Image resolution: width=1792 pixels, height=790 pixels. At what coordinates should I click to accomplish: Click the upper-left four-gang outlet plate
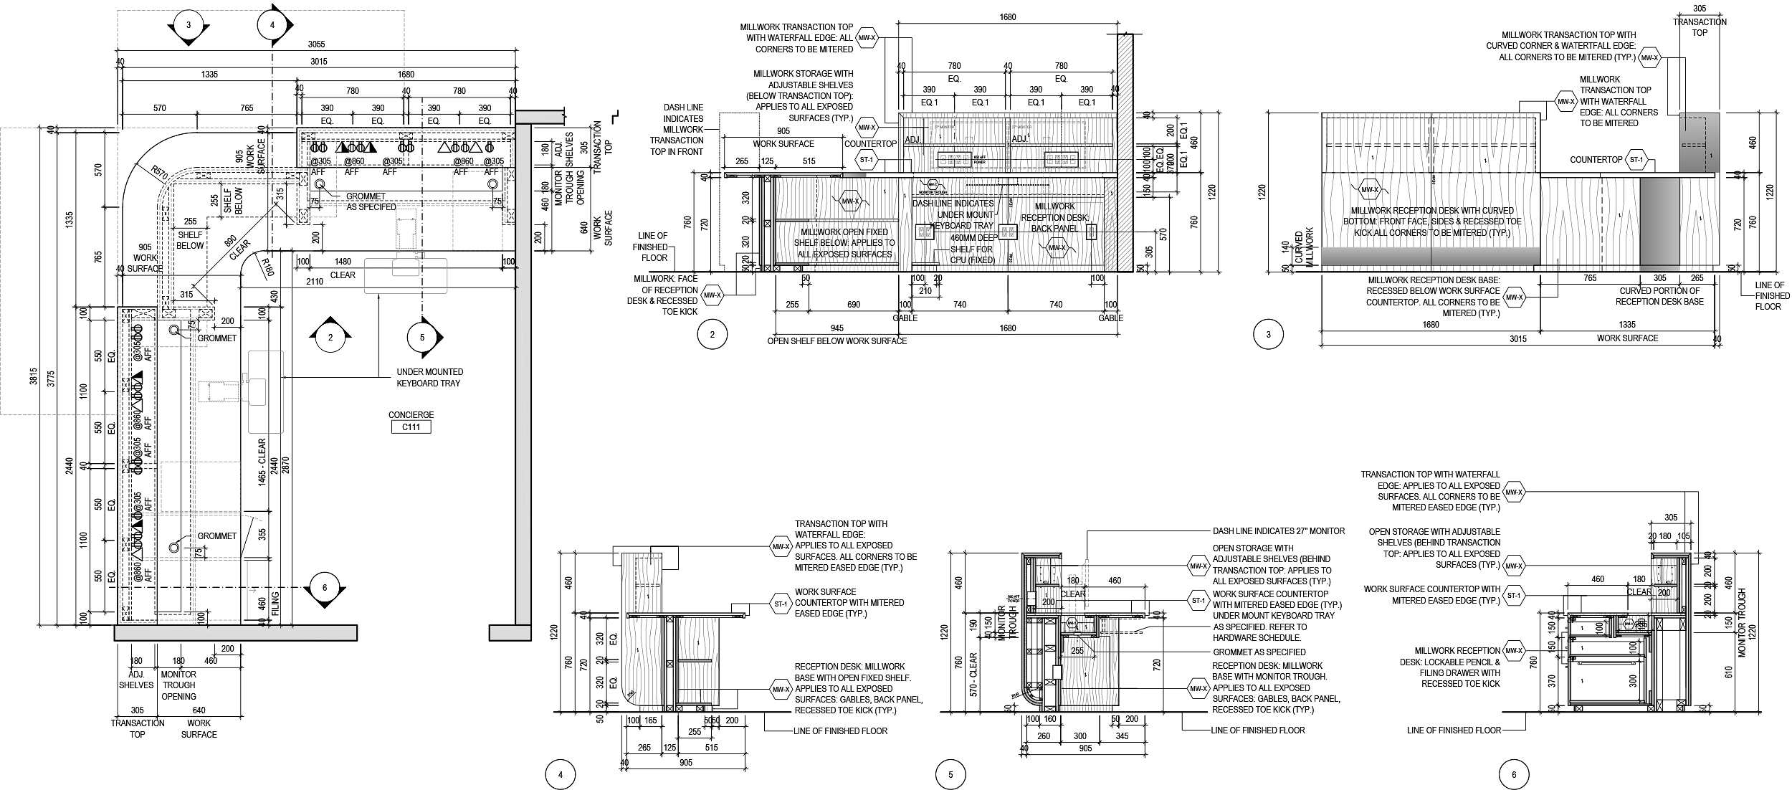point(954,160)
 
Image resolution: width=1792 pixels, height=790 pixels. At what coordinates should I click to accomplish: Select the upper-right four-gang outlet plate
point(1062,160)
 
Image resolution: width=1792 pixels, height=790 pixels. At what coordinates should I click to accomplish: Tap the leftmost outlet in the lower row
point(925,232)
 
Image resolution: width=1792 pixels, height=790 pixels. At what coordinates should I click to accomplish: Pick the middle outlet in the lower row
point(1008,232)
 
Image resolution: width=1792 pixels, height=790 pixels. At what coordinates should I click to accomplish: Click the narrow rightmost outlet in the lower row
point(1091,231)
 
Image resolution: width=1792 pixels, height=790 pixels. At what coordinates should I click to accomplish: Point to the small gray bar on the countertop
point(854,175)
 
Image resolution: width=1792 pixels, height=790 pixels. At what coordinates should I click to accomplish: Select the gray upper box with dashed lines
point(1699,143)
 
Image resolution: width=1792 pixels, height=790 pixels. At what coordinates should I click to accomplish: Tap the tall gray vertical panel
point(1659,224)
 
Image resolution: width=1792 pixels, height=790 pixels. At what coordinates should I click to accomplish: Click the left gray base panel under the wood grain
point(1376,256)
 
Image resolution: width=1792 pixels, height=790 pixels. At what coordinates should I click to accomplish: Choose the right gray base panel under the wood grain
point(1485,256)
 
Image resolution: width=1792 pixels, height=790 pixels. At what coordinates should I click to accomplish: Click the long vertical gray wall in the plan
point(523,373)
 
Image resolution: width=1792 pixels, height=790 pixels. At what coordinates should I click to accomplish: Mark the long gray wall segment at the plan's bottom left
point(235,633)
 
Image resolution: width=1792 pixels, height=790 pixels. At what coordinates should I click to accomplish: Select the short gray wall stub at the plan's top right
point(539,117)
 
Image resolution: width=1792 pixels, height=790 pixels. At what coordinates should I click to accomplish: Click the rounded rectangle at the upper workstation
point(406,276)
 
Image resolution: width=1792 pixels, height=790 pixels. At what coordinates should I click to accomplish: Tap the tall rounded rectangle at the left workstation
point(266,391)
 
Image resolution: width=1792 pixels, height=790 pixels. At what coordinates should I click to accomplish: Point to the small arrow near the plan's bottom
point(252,590)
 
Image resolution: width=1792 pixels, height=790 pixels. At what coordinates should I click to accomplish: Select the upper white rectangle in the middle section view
point(1031,598)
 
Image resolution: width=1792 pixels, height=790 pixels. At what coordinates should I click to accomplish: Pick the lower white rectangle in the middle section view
point(1057,672)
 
